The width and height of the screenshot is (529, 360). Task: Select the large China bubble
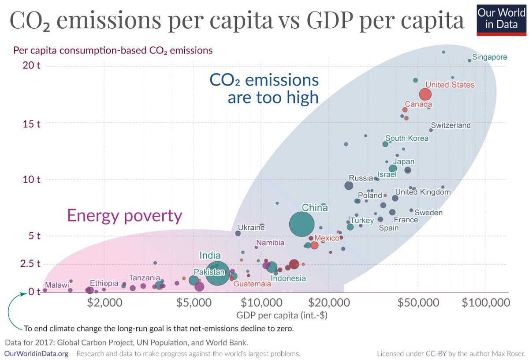click(x=302, y=225)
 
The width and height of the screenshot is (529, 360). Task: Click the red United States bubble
click(x=425, y=94)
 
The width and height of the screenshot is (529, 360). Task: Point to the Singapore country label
click(x=489, y=57)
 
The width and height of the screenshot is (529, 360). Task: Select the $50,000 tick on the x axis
click(x=418, y=303)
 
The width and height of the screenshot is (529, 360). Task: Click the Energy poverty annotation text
click(x=124, y=216)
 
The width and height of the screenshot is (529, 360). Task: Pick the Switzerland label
click(x=451, y=125)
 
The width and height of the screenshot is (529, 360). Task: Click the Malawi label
click(x=57, y=285)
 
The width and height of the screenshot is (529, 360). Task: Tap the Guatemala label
click(x=252, y=284)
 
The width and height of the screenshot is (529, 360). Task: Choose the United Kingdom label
click(x=423, y=192)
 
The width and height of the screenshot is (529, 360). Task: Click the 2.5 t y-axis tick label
click(x=30, y=264)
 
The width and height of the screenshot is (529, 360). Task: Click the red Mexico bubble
click(x=314, y=245)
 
